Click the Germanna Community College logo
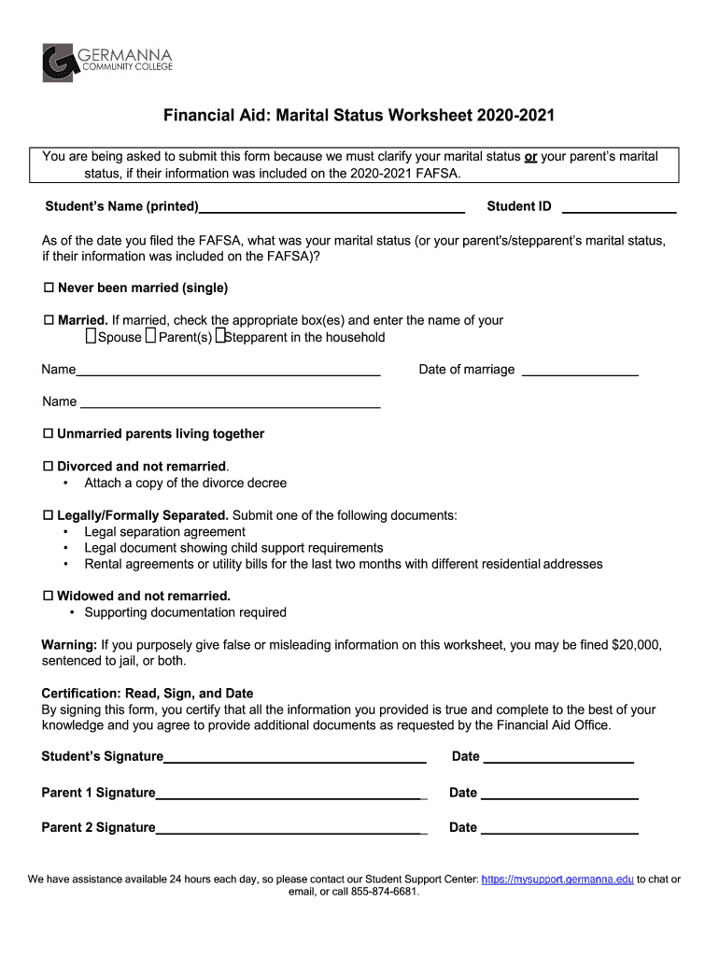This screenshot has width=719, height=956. [106, 62]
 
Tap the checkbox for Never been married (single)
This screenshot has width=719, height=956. [49, 288]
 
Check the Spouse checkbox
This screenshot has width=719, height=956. [91, 336]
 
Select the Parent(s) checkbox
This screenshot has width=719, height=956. [150, 336]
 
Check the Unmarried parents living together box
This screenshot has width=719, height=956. [49, 434]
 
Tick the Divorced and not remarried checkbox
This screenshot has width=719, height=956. [49, 466]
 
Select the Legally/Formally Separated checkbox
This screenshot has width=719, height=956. [49, 515]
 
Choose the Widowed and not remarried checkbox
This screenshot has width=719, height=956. [49, 596]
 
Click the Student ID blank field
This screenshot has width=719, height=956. [618, 207]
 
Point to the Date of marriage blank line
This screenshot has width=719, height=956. [579, 371]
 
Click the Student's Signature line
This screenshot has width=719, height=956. [295, 757]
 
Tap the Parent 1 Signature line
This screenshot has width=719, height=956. [289, 794]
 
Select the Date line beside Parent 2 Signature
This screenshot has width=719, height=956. [558, 828]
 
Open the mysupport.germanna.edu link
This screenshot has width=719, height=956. [557, 879]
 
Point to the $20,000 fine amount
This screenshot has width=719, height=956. [636, 645]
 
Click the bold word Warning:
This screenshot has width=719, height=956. [69, 645]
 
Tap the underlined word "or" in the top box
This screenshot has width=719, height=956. [530, 157]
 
